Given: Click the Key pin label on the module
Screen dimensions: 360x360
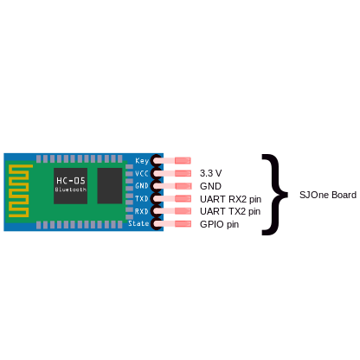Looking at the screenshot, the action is click(142, 161).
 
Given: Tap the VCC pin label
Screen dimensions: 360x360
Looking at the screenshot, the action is click(142, 173).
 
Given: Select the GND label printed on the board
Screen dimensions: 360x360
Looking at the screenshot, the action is click(142, 186).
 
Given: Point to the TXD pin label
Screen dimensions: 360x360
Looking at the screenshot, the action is click(142, 198).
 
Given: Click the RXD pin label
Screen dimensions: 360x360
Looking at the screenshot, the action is click(142, 211).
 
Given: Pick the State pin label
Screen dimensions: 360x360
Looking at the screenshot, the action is click(138, 223).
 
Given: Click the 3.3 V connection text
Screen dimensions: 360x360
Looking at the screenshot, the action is click(211, 173).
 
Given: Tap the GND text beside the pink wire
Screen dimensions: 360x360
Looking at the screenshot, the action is click(210, 186).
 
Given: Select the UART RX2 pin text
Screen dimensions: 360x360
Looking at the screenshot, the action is click(231, 199).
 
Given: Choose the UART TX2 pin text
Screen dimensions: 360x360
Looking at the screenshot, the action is click(230, 211).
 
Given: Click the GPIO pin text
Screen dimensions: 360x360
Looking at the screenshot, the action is click(219, 224).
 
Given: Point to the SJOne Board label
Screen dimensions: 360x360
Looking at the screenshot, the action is click(328, 195).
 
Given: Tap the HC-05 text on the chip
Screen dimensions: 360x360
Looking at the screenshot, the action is click(71, 181).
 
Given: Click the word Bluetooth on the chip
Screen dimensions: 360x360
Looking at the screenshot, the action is click(71, 190).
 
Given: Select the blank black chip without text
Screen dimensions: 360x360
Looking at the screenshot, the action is click(110, 186).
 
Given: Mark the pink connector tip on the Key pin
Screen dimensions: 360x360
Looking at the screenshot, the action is click(183, 160).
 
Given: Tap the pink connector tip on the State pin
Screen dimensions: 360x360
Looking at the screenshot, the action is click(183, 223).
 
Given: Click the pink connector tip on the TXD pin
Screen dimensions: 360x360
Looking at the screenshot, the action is click(183, 198).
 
